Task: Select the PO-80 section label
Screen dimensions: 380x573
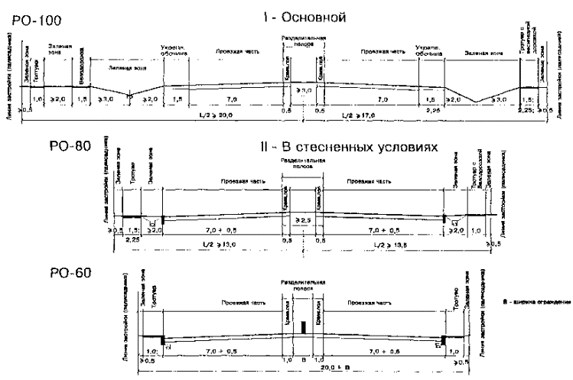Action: click(x=28, y=142)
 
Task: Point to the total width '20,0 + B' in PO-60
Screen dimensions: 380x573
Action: click(x=304, y=367)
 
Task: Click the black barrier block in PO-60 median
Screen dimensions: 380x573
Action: click(x=304, y=327)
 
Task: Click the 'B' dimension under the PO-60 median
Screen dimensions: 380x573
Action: click(x=304, y=357)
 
